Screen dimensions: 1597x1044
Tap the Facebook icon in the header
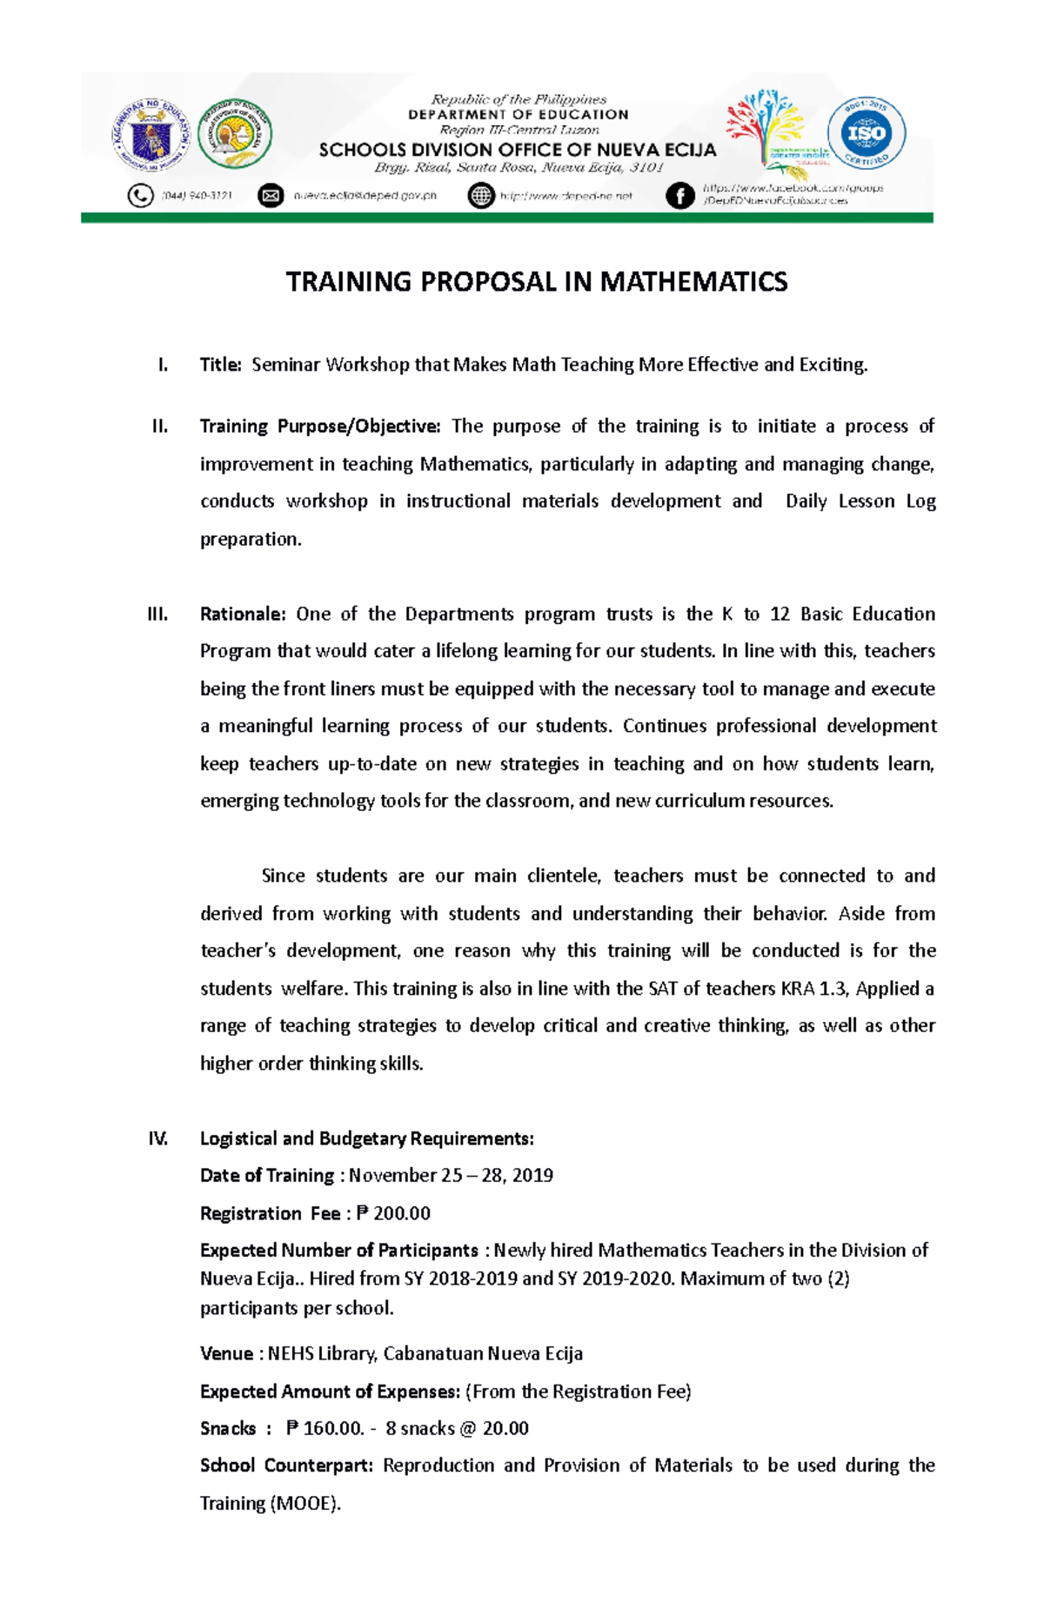679,196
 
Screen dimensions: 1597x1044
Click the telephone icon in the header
140,196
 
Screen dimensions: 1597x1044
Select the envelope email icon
271,196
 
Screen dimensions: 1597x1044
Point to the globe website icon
480,196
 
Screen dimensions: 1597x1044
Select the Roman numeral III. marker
157,614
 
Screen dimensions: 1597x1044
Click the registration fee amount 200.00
401,1213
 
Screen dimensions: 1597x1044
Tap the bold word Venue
226,1354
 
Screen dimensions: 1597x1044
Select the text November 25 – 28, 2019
451,1176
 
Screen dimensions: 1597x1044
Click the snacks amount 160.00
331,1428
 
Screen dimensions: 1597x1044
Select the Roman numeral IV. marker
157,1138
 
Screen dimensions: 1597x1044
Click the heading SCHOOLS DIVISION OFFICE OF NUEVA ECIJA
518,150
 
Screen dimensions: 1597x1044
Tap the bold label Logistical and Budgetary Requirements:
366,1138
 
